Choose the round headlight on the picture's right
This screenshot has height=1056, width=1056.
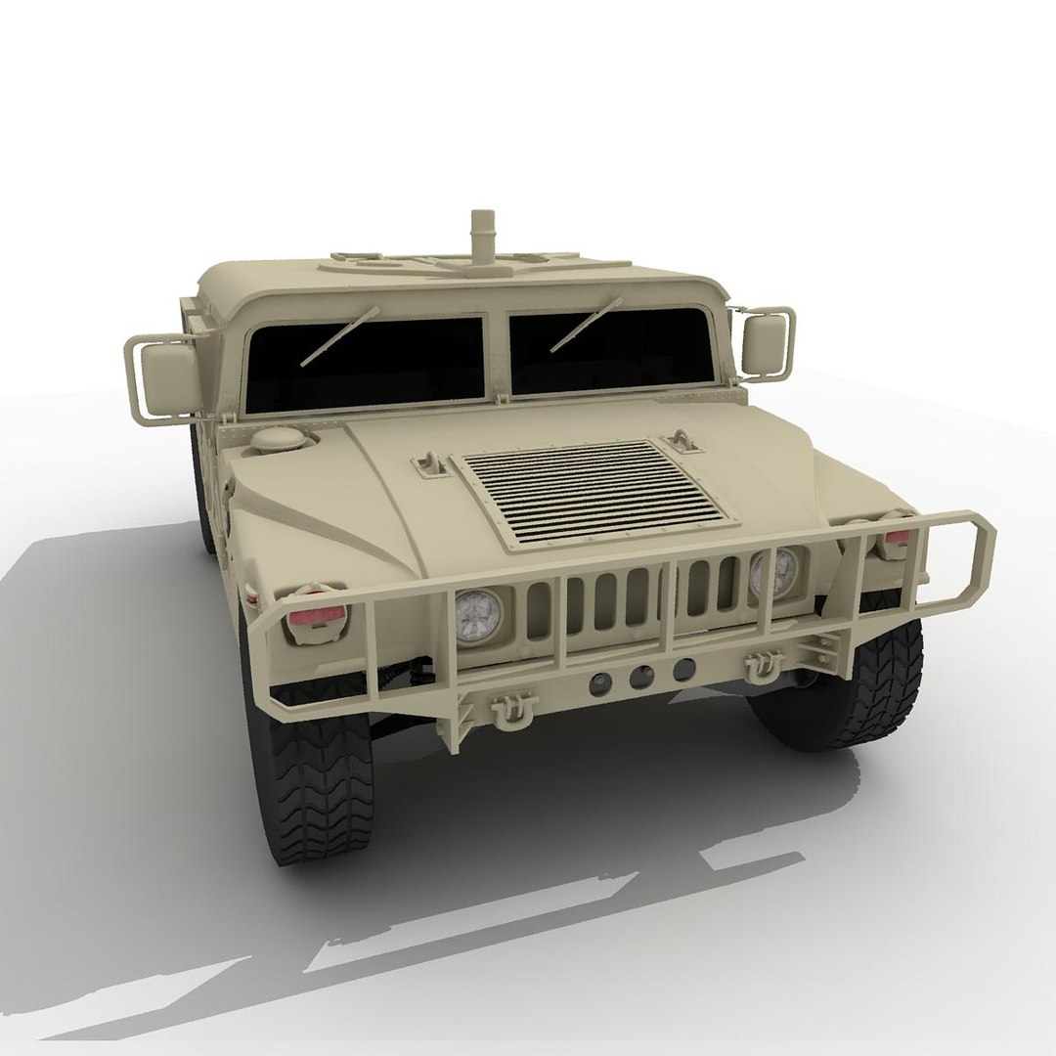click(x=774, y=574)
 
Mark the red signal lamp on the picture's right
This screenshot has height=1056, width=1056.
click(x=896, y=537)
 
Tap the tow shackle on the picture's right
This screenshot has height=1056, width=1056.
click(x=760, y=666)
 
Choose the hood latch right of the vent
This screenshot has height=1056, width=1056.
click(x=683, y=440)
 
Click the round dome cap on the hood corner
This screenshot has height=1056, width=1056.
click(x=278, y=441)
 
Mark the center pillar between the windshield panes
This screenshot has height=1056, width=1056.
click(x=498, y=356)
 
